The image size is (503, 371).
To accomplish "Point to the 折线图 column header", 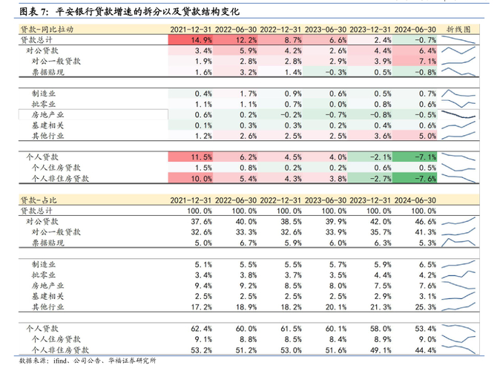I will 458,28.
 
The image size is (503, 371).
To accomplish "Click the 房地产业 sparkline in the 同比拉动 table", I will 458,115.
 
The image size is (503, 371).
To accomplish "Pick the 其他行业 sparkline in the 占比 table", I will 458,306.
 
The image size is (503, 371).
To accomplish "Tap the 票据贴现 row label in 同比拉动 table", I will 47,72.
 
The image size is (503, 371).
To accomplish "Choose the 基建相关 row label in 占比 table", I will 47,296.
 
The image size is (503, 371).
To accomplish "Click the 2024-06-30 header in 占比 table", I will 415,200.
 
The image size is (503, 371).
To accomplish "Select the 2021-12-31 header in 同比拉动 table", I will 192,28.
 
